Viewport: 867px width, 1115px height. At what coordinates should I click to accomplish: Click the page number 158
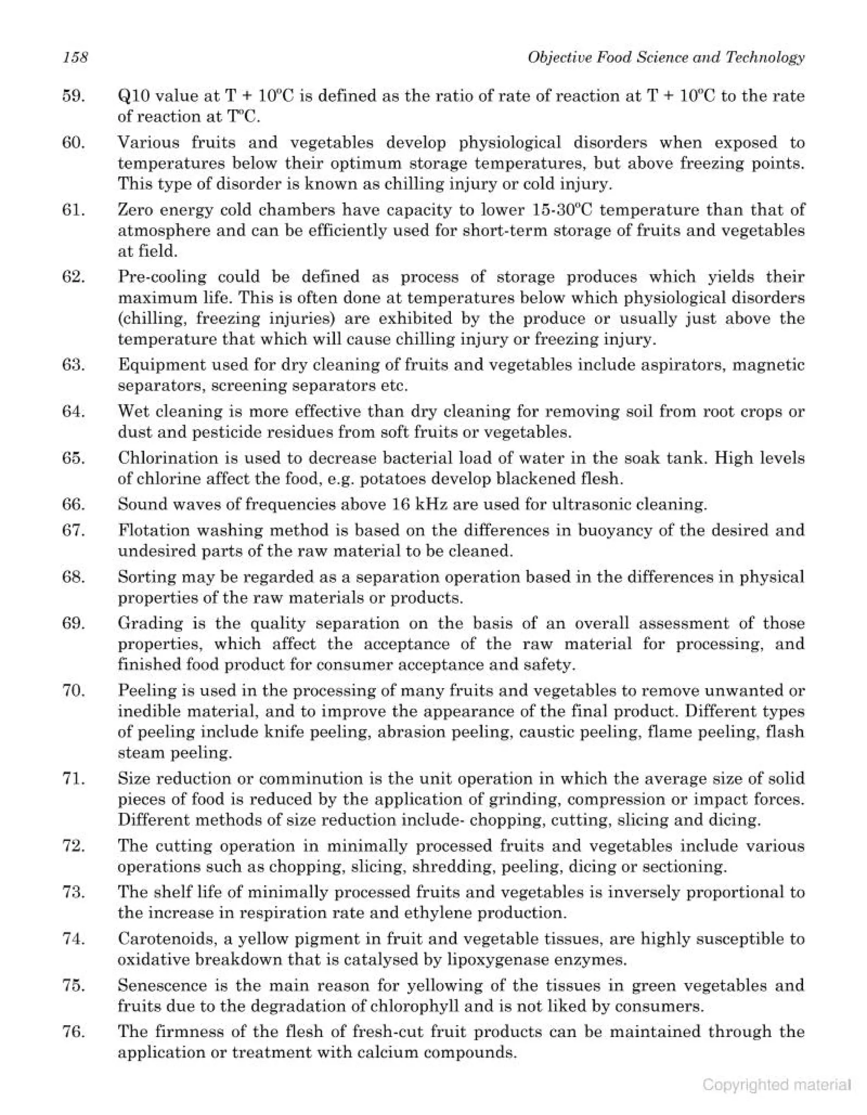[x=75, y=57]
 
